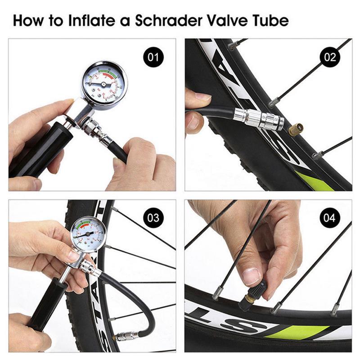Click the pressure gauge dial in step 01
(104, 83)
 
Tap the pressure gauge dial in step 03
(88, 234)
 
